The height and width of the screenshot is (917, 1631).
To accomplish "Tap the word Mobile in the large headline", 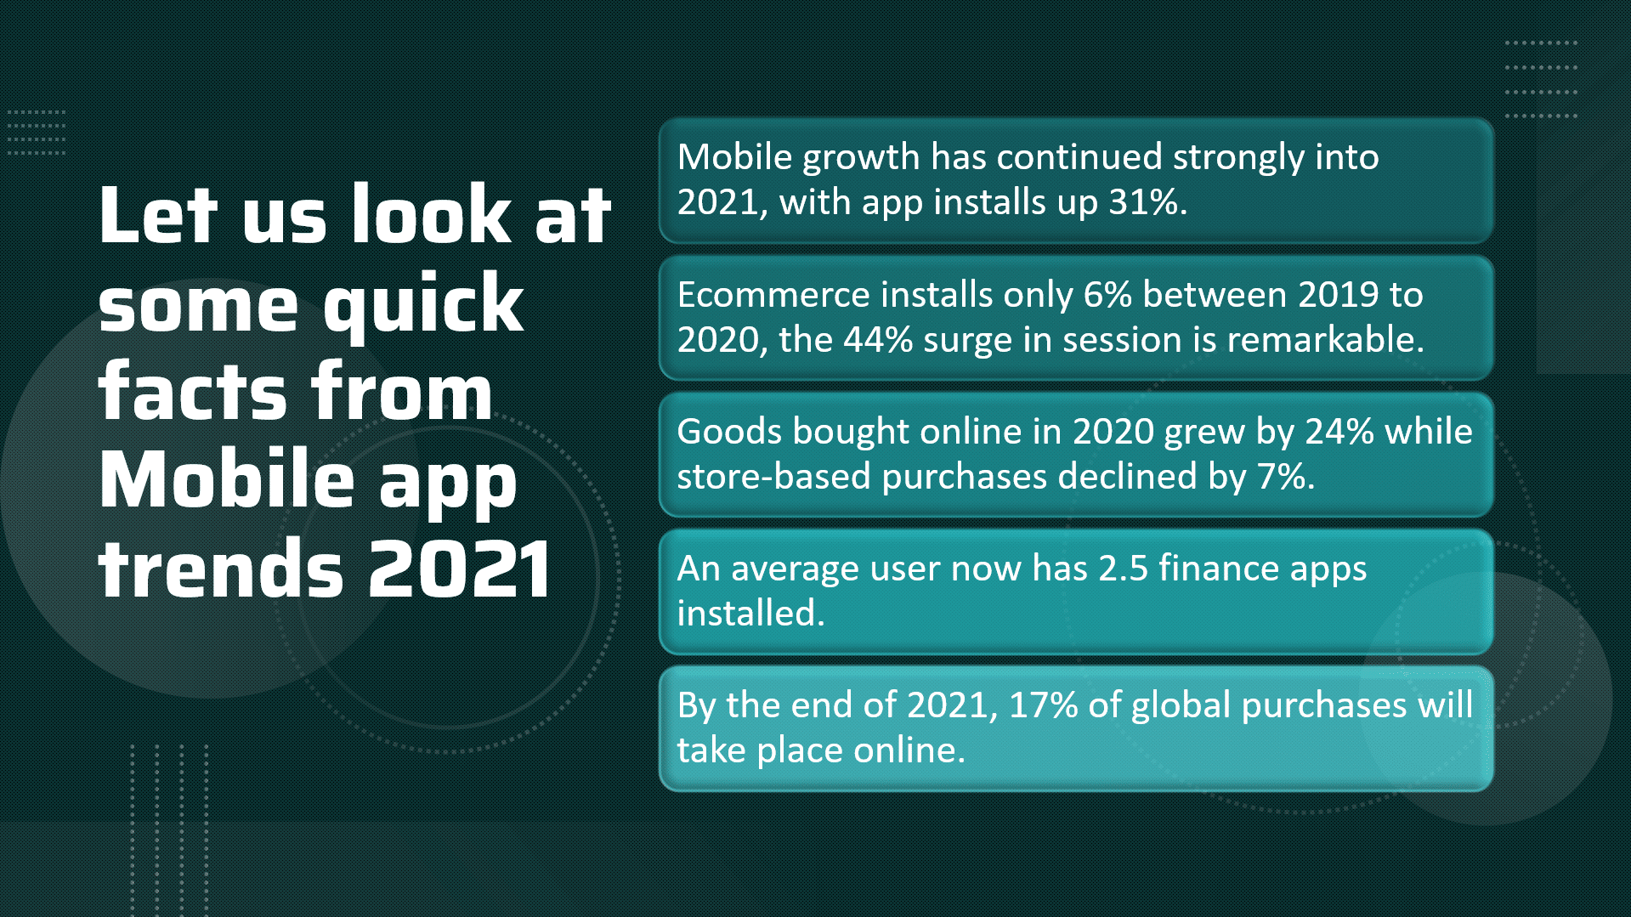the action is pyautogui.click(x=227, y=480).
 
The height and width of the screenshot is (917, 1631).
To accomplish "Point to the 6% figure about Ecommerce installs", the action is pyautogui.click(x=1107, y=295).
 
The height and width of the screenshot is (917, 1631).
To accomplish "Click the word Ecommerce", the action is pyautogui.click(x=773, y=295).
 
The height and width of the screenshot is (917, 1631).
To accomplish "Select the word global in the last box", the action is pyautogui.click(x=1181, y=706).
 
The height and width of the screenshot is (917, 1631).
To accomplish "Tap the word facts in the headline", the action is pyautogui.click(x=194, y=391).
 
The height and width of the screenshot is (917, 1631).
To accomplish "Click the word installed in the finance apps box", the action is pyautogui.click(x=751, y=614).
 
